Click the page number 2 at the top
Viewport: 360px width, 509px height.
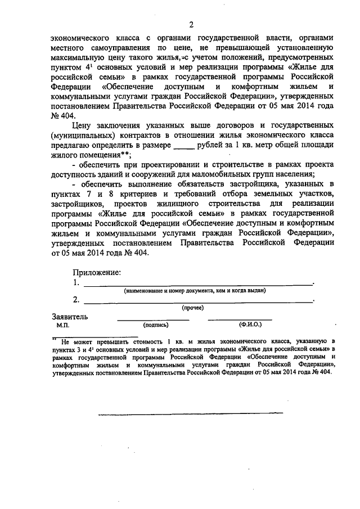tap(191, 24)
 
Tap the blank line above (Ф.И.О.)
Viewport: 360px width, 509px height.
tap(240, 319)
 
